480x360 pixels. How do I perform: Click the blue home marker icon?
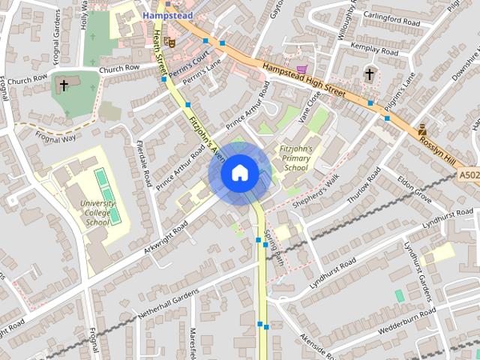[x=239, y=173]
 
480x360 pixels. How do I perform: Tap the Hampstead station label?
[x=168, y=15]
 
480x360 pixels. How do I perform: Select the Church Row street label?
[x=119, y=70]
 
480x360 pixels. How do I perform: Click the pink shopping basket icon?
[x=301, y=70]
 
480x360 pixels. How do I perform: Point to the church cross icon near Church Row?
[x=63, y=85]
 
